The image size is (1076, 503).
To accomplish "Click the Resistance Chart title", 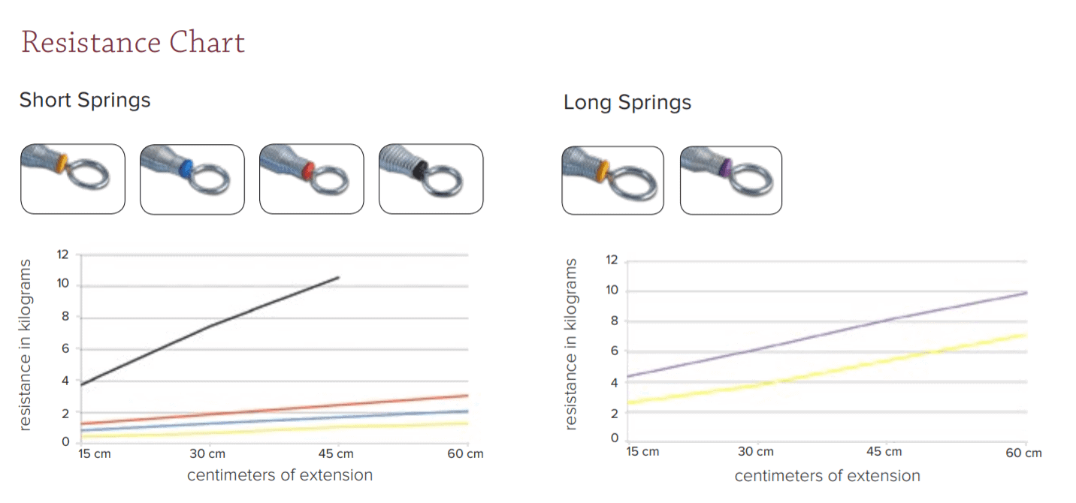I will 133,42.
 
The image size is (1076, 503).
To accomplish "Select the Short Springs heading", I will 85,100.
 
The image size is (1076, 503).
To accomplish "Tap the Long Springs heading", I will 627,102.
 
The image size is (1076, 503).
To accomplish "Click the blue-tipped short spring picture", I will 192,179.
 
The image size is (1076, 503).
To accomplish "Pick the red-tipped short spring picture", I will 311,179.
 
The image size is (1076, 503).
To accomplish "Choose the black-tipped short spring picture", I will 431,179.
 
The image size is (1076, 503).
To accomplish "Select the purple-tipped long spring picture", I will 730,180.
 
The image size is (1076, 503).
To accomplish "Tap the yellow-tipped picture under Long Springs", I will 612,180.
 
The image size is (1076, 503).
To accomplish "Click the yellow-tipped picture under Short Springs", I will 72,179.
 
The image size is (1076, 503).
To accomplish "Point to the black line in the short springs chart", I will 210,325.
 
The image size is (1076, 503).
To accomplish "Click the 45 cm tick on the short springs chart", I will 337,453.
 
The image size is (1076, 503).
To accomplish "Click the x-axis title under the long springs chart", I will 827,476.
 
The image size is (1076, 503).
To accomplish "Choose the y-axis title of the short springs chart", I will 26,345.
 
